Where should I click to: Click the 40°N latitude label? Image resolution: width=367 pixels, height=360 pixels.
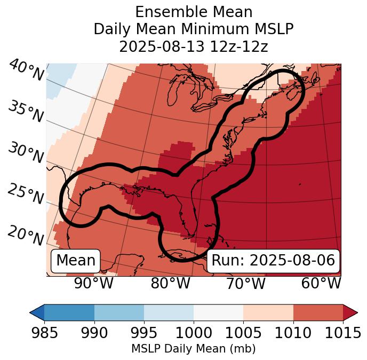point(26,71)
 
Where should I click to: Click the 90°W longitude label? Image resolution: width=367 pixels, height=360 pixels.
point(94,284)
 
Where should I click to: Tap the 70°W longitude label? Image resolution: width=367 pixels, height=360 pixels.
point(245,284)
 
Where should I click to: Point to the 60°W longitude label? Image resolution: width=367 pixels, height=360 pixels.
point(321,284)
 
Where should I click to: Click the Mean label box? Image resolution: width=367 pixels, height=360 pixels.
point(76,261)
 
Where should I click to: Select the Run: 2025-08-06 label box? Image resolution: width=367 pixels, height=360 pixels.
point(273,261)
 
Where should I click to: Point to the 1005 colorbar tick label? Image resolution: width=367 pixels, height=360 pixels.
point(243,333)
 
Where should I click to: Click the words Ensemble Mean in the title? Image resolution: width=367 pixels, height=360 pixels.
point(193,12)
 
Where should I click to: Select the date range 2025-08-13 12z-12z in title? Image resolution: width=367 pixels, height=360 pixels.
point(193,46)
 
